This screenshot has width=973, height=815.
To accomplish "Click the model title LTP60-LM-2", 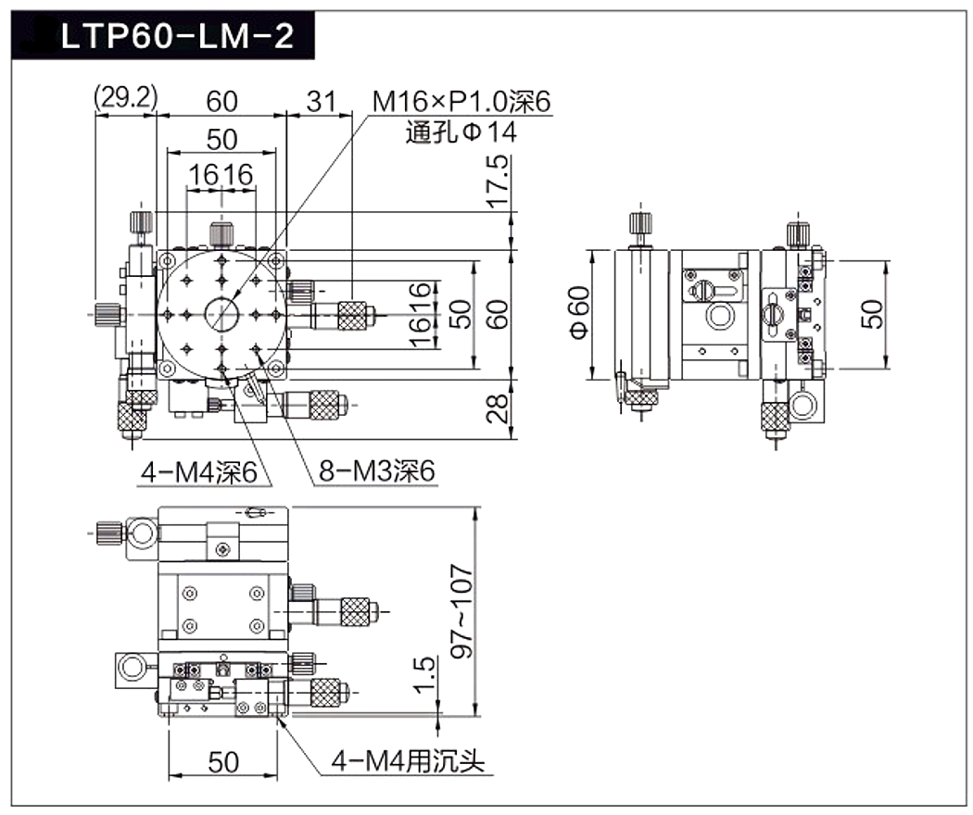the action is [178, 37].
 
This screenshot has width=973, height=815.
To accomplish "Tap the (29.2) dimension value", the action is [125, 98].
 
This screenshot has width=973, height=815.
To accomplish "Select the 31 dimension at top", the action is [321, 101].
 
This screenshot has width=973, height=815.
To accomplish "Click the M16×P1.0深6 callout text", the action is [461, 101].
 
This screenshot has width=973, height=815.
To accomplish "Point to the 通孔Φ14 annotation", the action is [461, 132].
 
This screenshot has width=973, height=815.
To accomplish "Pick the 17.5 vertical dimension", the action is [498, 182].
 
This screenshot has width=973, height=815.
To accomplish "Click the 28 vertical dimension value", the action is [498, 408].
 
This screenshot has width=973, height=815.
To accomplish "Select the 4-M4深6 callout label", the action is [198, 472].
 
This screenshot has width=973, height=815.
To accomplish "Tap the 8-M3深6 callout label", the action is [376, 471].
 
